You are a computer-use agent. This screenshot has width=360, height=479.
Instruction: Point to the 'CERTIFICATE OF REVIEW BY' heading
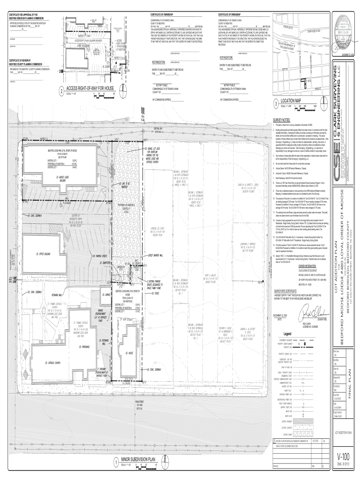[x=22, y=60]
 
